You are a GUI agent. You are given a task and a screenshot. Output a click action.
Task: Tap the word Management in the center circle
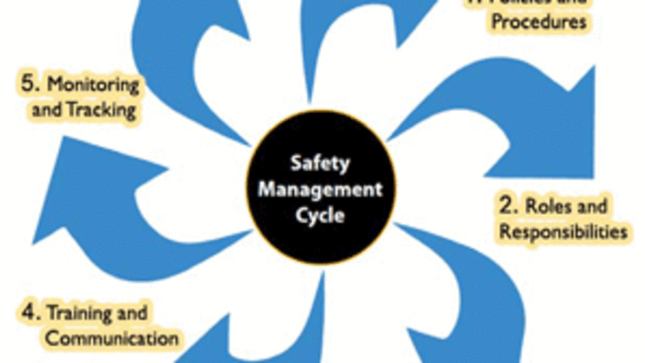click(x=321, y=189)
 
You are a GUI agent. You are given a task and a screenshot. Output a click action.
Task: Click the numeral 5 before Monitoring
click(x=27, y=85)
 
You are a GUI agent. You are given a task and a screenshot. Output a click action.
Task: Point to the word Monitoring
click(x=94, y=85)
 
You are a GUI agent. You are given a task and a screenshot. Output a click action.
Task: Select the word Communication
click(x=112, y=339)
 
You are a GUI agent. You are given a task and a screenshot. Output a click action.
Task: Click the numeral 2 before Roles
click(x=505, y=206)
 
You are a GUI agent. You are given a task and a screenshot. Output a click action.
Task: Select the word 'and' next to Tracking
click(x=46, y=110)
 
